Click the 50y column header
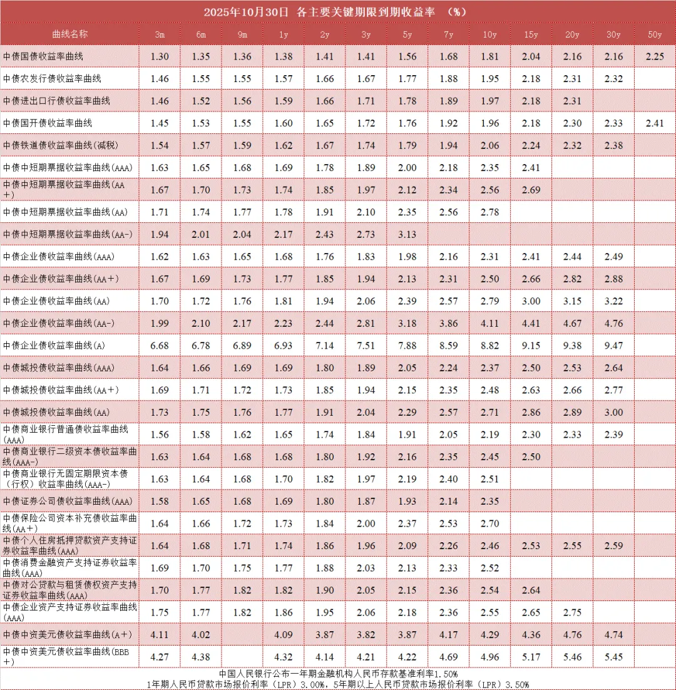[x=655, y=34]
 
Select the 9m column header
[x=242, y=34]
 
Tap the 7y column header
[x=448, y=34]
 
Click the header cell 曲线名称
[x=70, y=34]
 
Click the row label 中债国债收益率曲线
[x=43, y=56]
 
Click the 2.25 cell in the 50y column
[x=655, y=56]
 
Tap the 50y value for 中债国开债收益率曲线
[x=655, y=123]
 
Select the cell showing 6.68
[x=160, y=346]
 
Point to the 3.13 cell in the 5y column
[x=407, y=234]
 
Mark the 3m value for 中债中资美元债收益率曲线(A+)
[x=160, y=635]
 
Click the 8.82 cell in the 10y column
[x=489, y=346]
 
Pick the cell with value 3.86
[x=448, y=323]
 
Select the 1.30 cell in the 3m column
[x=160, y=56]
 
